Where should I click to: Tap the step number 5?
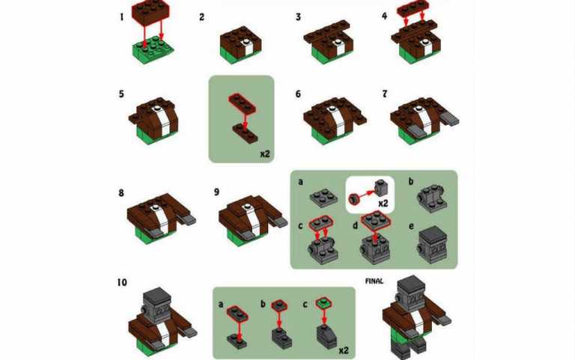(122, 94)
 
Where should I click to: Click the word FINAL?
(374, 281)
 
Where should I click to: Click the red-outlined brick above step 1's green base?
(150, 12)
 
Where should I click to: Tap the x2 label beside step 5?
(264, 154)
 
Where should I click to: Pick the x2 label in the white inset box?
(383, 203)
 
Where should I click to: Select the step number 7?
(385, 94)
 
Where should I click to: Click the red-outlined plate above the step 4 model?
(413, 10)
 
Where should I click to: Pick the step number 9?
(216, 192)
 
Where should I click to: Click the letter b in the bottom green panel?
(263, 305)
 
